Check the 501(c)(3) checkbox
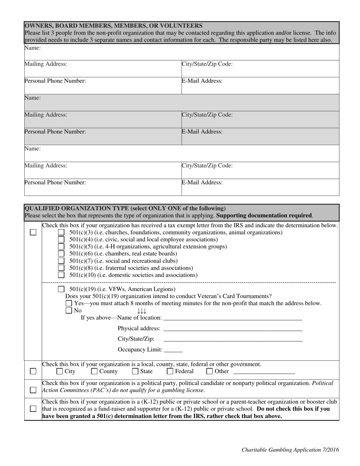pos(61,232)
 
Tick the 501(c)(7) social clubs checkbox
pos(61,261)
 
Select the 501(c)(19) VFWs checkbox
pos(61,289)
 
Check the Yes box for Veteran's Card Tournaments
pos(69,303)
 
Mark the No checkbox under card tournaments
pos(69,311)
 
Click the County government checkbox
pos(94,372)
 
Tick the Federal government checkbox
pos(170,372)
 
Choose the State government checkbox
pos(135,372)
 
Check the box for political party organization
pos(33,390)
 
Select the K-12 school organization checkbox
pos(33,409)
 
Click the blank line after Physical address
pos(233,329)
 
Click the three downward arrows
pos(142,311)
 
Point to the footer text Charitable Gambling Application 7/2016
pos(290,450)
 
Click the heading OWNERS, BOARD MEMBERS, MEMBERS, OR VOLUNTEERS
pos(113,26)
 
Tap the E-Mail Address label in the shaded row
pos(202,132)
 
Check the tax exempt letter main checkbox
pos(33,233)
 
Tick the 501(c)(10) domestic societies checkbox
pos(61,275)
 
